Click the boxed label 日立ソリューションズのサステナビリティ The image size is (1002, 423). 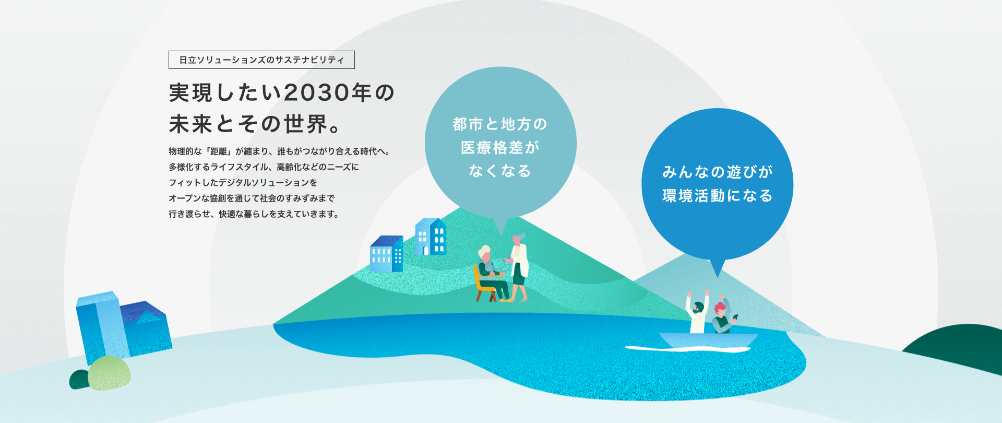pos(261,60)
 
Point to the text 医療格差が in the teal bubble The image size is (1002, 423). pos(500,148)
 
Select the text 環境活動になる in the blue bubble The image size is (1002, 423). pos(718,196)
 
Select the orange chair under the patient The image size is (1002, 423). pos(483,286)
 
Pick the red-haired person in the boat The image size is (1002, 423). pos(723,315)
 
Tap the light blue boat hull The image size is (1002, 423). pos(708,339)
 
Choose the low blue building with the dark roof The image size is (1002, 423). pos(387,254)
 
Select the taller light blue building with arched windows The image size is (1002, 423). pos(431,237)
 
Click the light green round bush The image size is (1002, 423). pos(109,373)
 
